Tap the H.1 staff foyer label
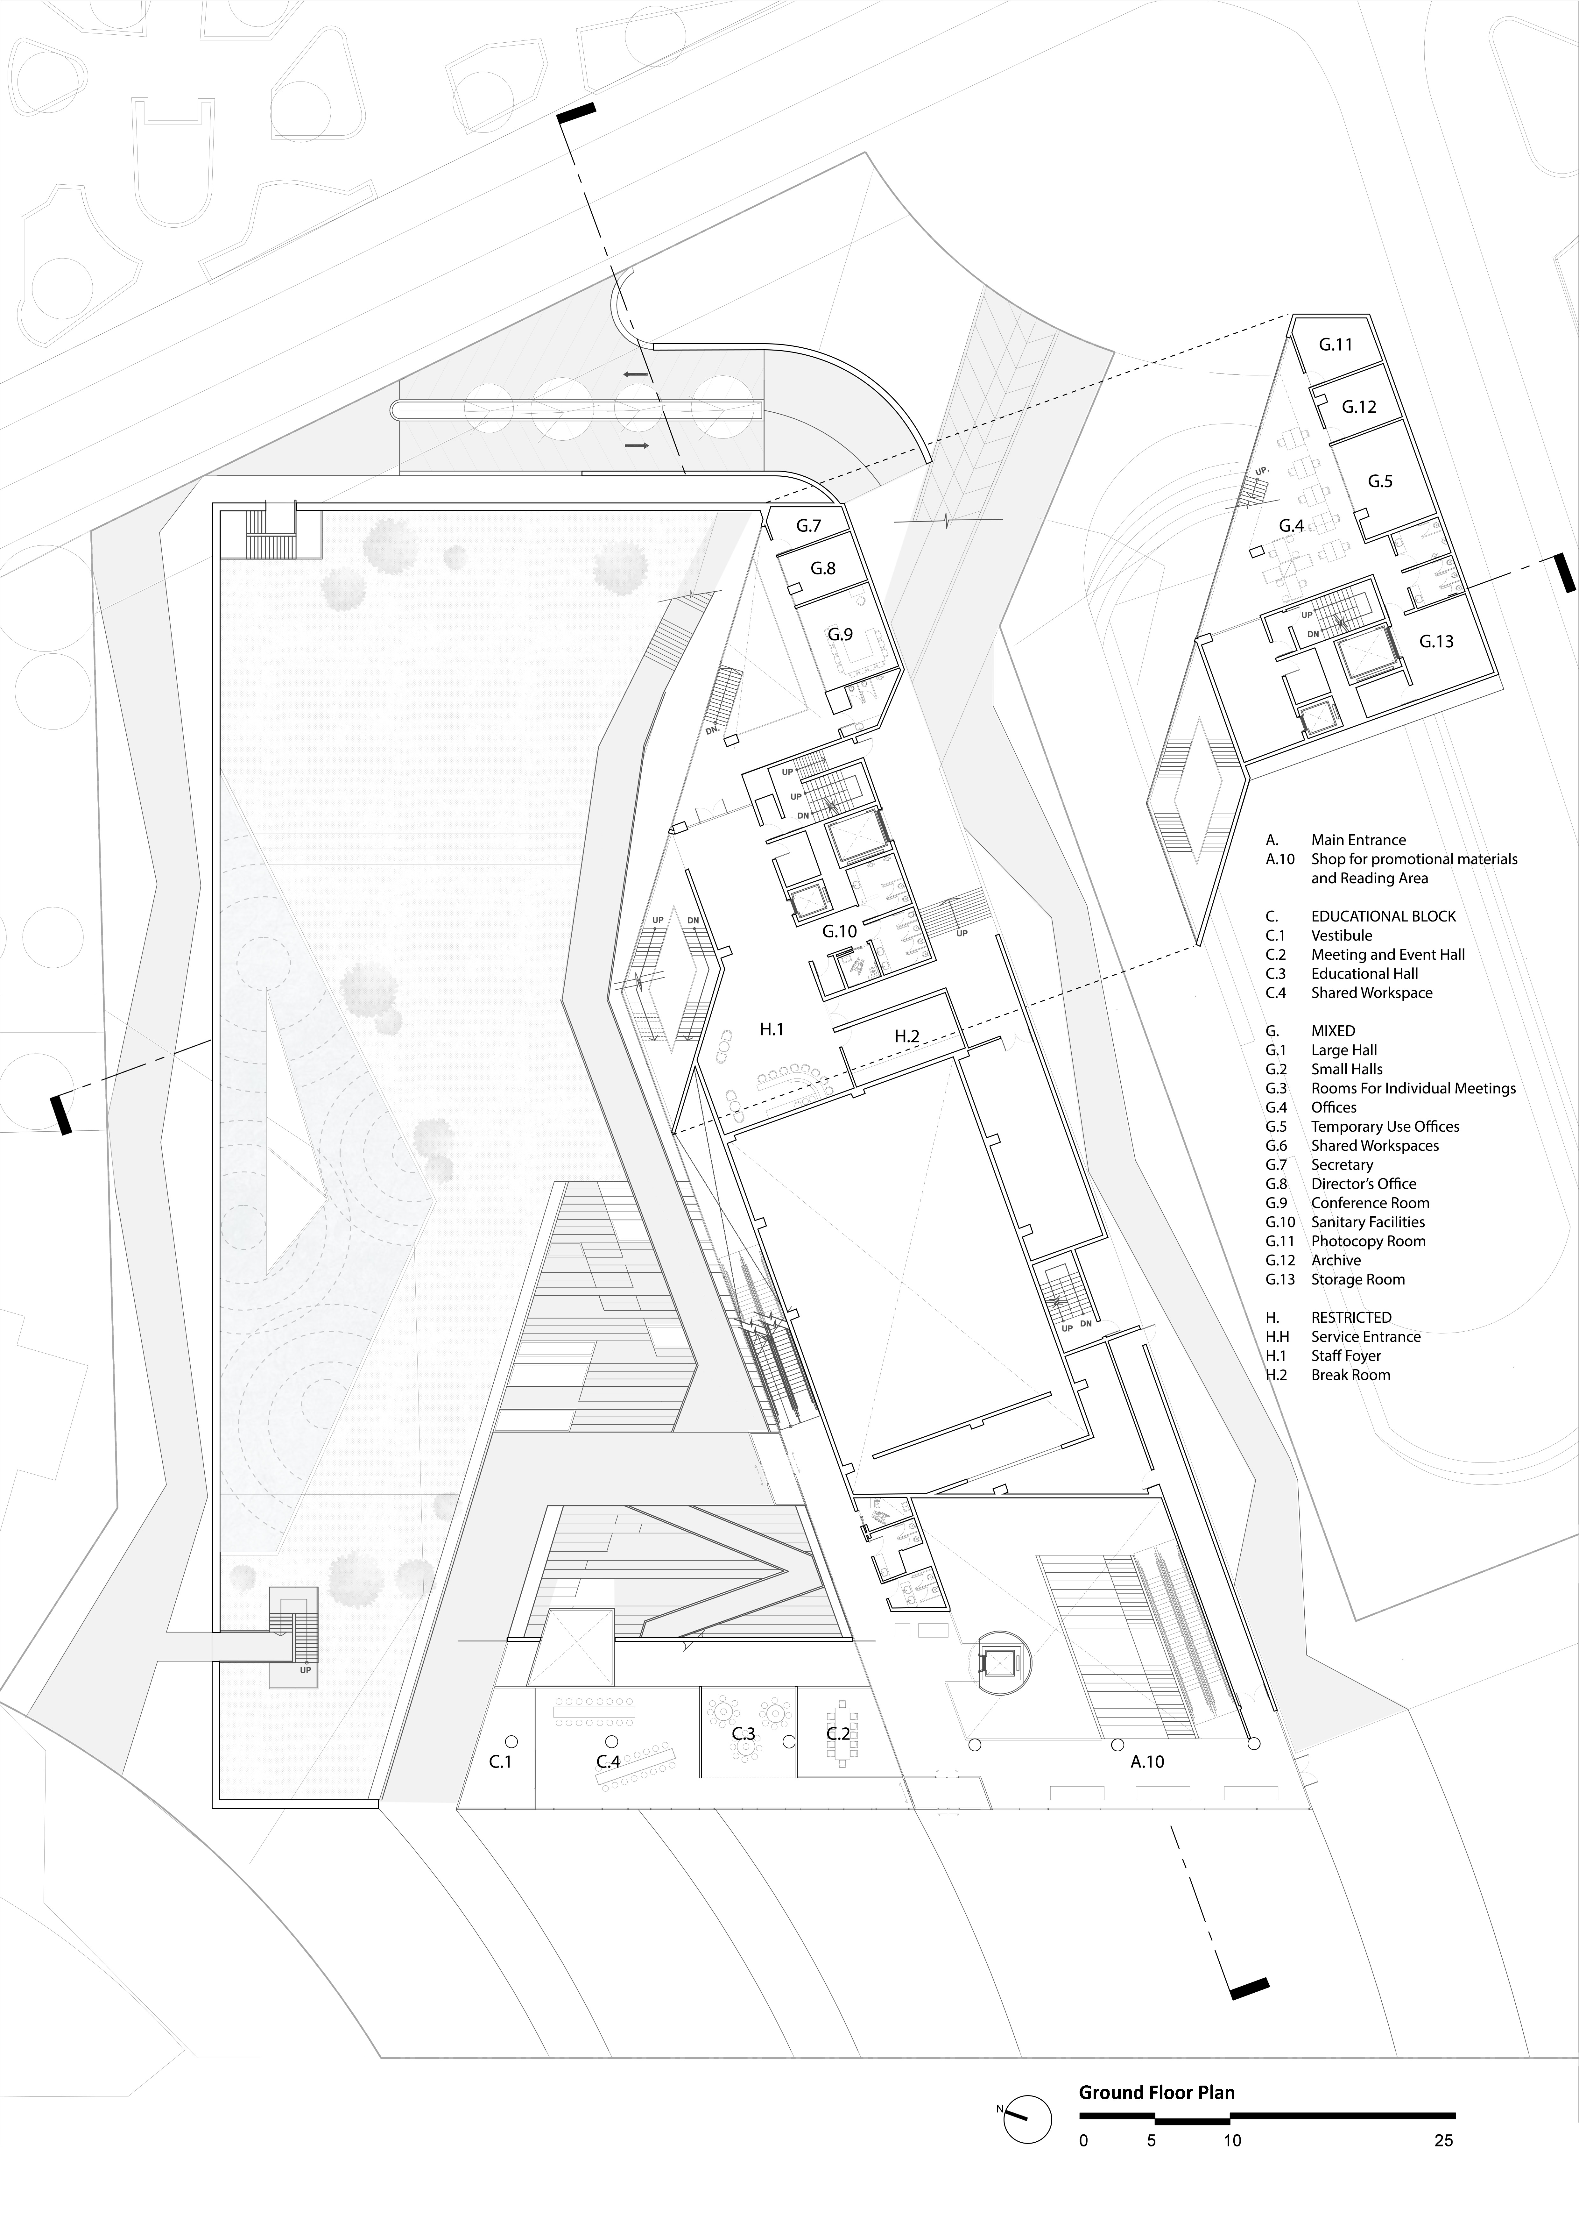772,1028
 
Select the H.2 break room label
907,1036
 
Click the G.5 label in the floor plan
1380,481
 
